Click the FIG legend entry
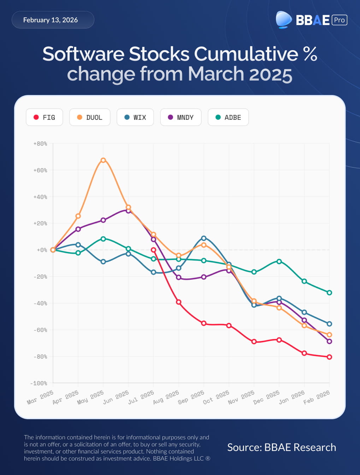pyautogui.click(x=45, y=117)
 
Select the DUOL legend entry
pyautogui.click(x=90, y=117)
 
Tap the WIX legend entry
pyautogui.click(x=135, y=117)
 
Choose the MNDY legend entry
pyautogui.click(x=181, y=117)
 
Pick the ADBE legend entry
pyautogui.click(x=228, y=117)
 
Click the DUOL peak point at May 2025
pyautogui.click(x=103, y=160)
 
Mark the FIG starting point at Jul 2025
pyautogui.click(x=153, y=250)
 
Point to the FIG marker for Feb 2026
pyautogui.click(x=329, y=357)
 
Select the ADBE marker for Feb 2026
pyautogui.click(x=329, y=292)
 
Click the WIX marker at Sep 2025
pyautogui.click(x=203, y=238)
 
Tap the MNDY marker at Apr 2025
pyautogui.click(x=78, y=229)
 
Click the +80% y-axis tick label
pyautogui.click(x=40, y=144)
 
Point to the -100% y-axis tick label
pyautogui.click(x=39, y=383)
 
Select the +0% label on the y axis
pyautogui.click(x=42, y=250)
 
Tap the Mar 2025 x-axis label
pyautogui.click(x=40, y=397)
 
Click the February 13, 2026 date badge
pyautogui.click(x=53, y=20)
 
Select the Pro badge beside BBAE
pyautogui.click(x=339, y=20)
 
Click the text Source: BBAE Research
pyautogui.click(x=282, y=447)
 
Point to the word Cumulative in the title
pyautogui.click(x=246, y=54)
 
